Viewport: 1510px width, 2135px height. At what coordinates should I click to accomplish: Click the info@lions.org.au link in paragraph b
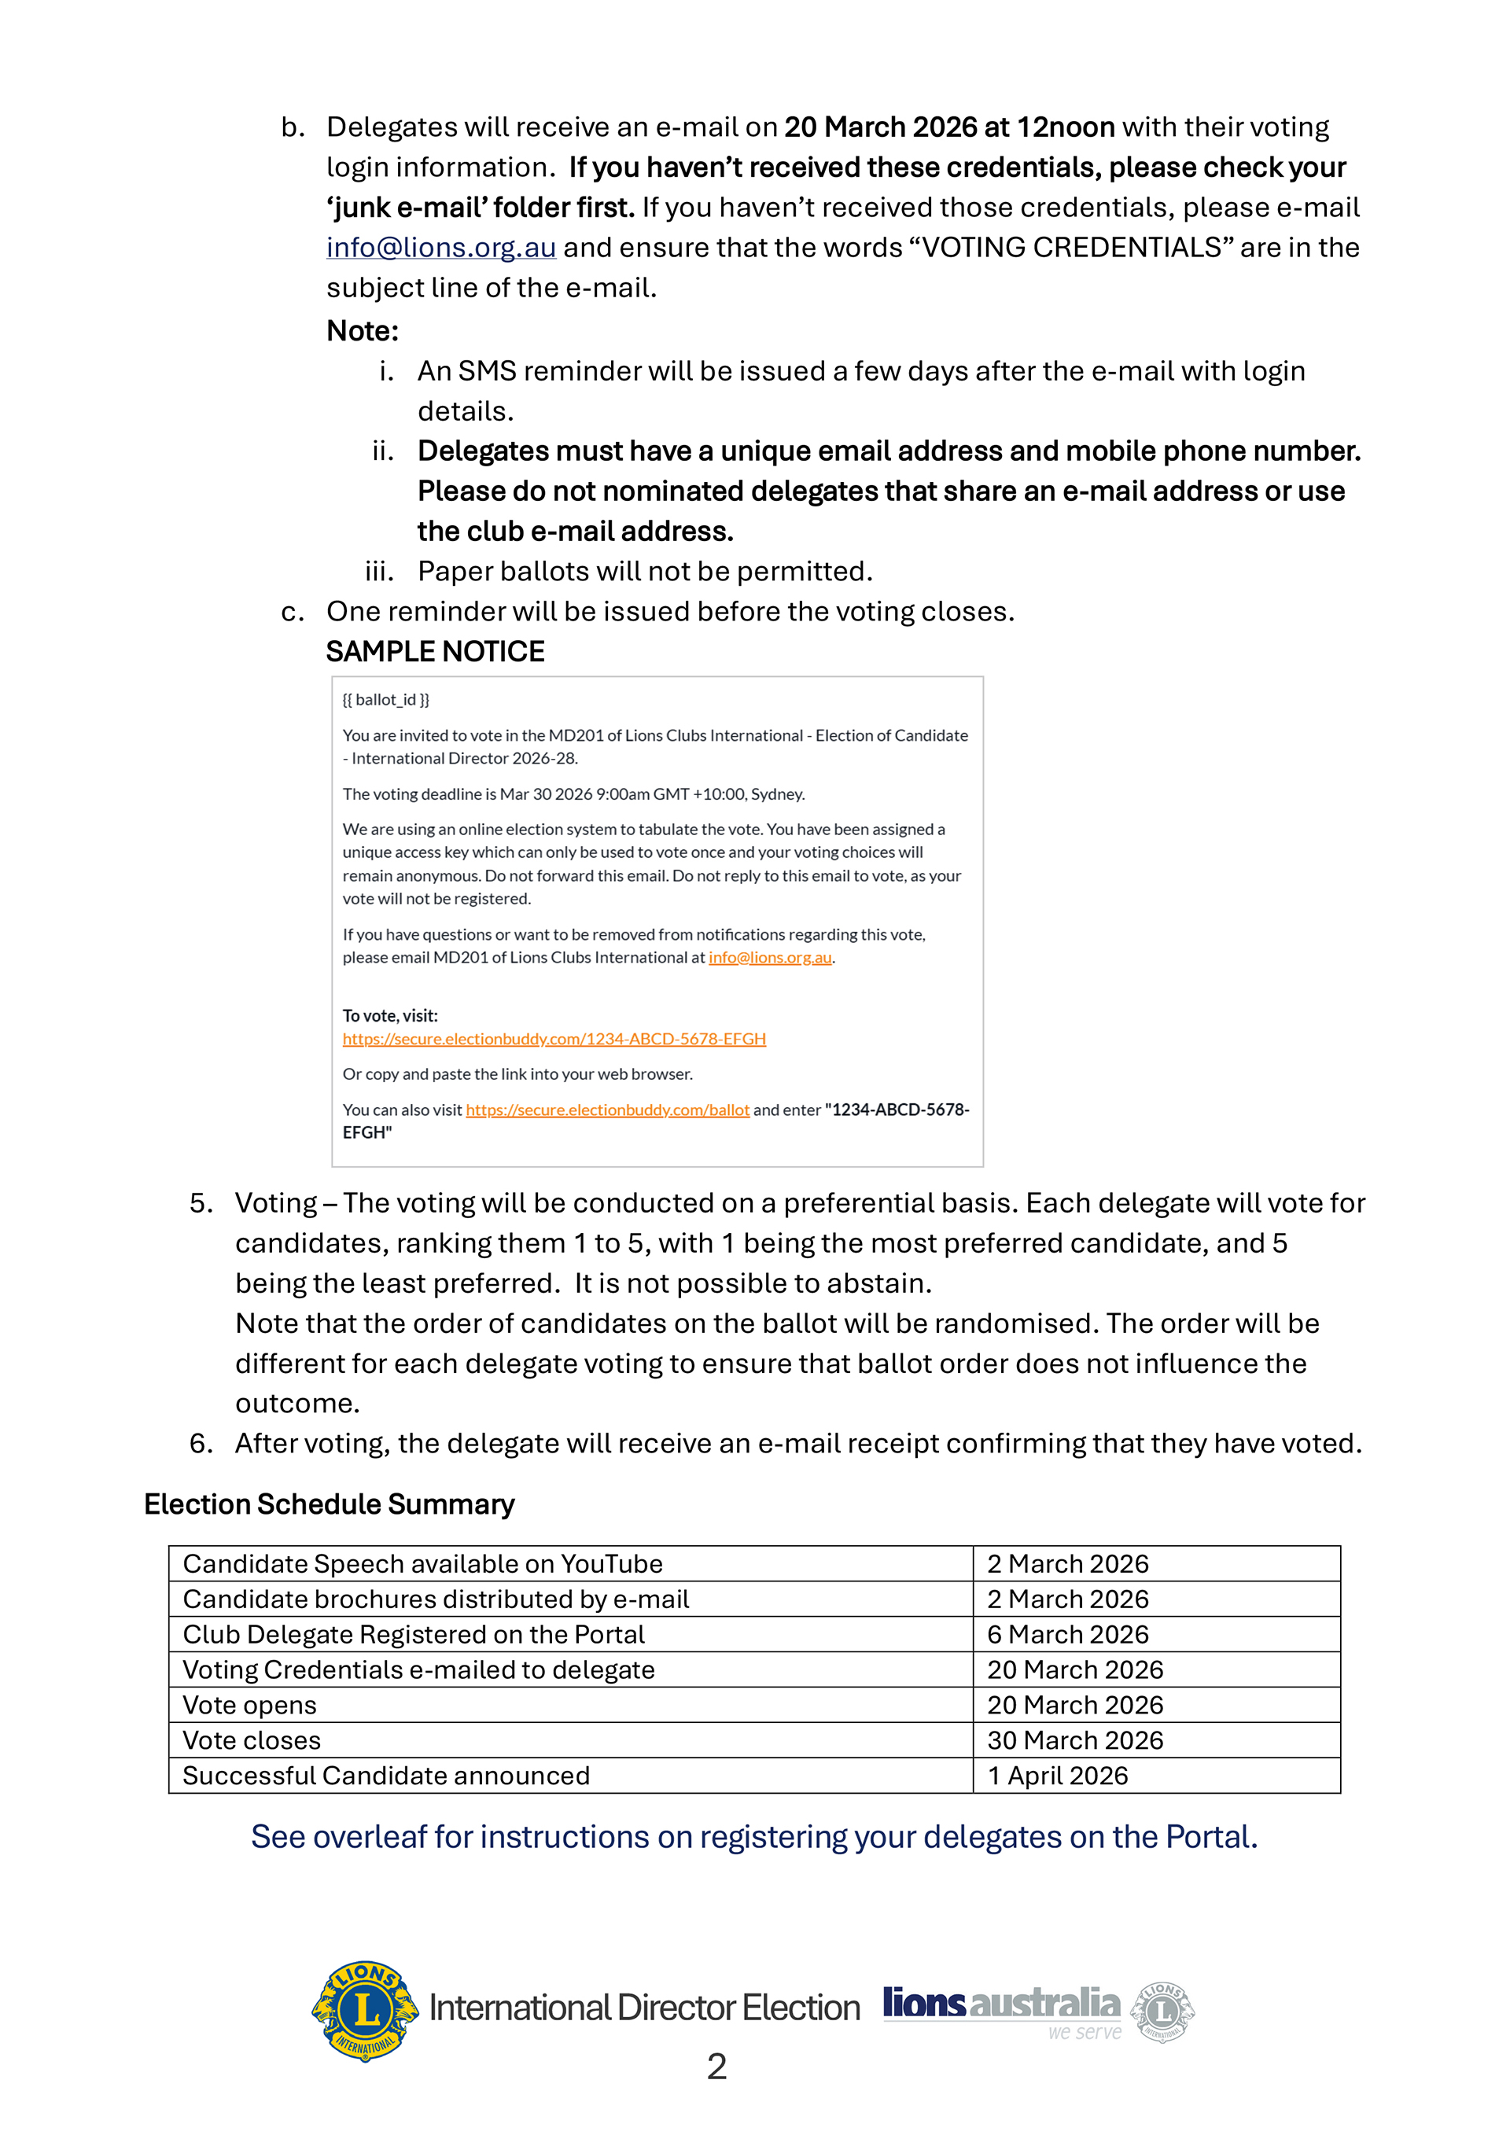[x=440, y=248]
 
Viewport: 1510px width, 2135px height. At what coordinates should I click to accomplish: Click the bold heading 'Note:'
[x=363, y=331]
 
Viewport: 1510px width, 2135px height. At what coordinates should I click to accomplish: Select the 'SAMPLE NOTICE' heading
[x=435, y=652]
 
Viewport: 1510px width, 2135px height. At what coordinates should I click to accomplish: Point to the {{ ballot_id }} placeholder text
[x=386, y=700]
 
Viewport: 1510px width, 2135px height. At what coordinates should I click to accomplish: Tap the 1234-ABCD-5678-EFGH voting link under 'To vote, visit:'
[x=554, y=1039]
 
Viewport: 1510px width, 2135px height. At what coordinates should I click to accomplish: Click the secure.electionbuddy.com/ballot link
[x=607, y=1110]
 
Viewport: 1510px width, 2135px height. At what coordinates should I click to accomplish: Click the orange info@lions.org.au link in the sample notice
[x=770, y=958]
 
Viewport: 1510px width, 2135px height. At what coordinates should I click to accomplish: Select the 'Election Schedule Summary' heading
[x=330, y=1504]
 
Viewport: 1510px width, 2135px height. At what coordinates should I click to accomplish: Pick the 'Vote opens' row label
[x=250, y=1706]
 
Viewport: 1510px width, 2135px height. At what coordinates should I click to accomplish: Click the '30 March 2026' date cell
[x=1075, y=1741]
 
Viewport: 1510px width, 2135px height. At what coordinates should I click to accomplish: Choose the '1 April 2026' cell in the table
[x=1057, y=1776]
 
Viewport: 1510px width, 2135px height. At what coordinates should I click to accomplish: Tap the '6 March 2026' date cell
[x=1067, y=1635]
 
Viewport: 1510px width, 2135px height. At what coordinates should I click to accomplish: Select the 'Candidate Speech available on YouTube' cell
[x=423, y=1564]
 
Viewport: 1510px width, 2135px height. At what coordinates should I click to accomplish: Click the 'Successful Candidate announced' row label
[x=386, y=1776]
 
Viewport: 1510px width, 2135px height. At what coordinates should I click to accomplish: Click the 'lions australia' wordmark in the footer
[x=1000, y=2004]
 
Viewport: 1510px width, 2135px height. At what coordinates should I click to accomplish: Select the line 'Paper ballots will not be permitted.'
[x=645, y=572]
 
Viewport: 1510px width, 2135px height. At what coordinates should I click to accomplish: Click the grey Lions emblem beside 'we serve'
[x=1162, y=2012]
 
